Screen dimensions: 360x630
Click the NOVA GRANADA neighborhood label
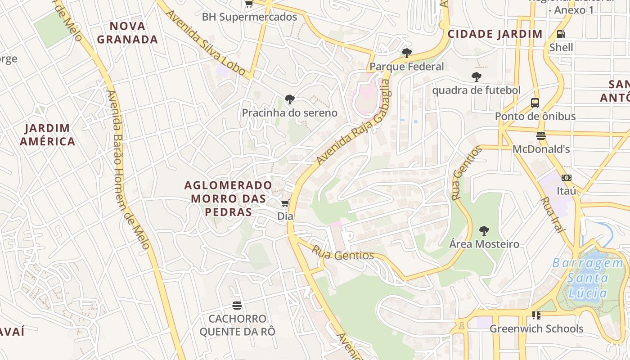pos(127,32)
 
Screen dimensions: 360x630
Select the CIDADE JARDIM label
pos(495,34)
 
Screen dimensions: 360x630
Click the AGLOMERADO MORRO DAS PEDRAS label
pos(228,198)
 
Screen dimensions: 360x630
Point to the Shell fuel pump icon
pos(561,34)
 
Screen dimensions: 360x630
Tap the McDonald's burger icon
pos(541,135)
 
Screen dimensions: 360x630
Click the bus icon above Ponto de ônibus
pos(535,103)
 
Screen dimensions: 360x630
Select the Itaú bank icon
pos(567,178)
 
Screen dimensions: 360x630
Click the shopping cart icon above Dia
pos(285,203)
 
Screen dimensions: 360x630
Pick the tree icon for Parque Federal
pos(406,53)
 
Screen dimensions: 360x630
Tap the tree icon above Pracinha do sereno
pos(290,99)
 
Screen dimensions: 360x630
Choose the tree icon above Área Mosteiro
pos(484,231)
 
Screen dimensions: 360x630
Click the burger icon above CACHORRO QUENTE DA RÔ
pos(237,306)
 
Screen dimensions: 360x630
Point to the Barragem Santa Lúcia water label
pos(588,278)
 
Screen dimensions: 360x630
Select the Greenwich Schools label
pos(536,328)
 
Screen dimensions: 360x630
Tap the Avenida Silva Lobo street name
pos(205,42)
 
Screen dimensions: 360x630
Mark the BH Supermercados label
pos(249,17)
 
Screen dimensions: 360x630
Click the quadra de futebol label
pos(476,90)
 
